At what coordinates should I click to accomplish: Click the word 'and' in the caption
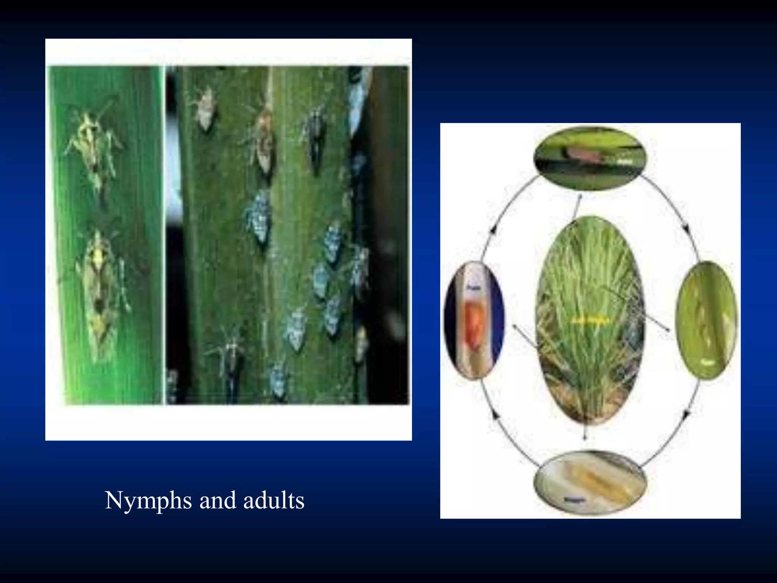tap(218, 501)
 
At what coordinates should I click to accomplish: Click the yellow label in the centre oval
tap(590, 321)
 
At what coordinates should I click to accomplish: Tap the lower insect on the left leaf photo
tap(99, 292)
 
